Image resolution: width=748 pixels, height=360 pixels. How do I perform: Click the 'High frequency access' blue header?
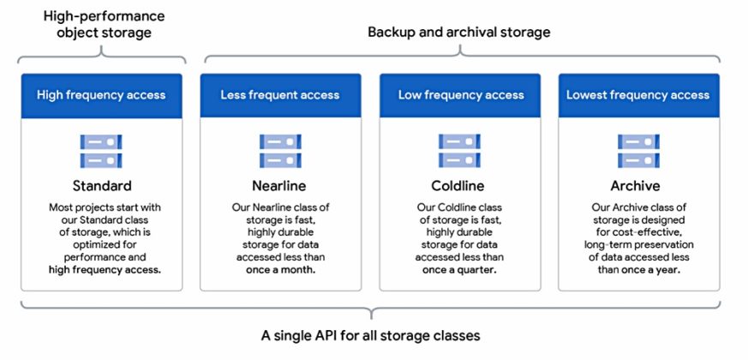(x=101, y=95)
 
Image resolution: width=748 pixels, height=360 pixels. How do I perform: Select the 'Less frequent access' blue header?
(x=280, y=95)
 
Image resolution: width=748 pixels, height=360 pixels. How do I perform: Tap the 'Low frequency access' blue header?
(x=459, y=95)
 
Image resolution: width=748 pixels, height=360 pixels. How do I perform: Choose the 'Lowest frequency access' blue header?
(x=638, y=95)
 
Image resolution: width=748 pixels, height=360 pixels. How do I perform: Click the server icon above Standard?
(x=101, y=151)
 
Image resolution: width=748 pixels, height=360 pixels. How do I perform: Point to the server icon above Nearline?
(x=280, y=151)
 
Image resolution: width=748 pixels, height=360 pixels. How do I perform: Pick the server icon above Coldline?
(x=459, y=151)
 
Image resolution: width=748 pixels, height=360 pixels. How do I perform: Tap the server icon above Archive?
(x=638, y=151)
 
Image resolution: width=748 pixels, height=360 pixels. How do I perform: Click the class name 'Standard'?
(x=101, y=186)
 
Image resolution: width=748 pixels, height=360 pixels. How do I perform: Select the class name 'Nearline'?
(x=280, y=186)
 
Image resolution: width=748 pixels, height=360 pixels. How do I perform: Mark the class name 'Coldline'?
(x=459, y=186)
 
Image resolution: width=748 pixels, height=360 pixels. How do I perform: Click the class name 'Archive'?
(x=638, y=186)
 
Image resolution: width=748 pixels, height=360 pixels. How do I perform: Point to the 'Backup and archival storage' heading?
(x=459, y=32)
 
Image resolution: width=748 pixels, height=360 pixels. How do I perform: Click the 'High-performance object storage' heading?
(x=102, y=25)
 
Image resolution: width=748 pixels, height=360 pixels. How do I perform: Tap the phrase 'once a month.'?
(x=280, y=269)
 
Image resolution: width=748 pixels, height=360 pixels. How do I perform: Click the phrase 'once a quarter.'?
(x=459, y=269)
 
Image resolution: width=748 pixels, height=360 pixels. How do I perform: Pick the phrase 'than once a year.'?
(x=638, y=269)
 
